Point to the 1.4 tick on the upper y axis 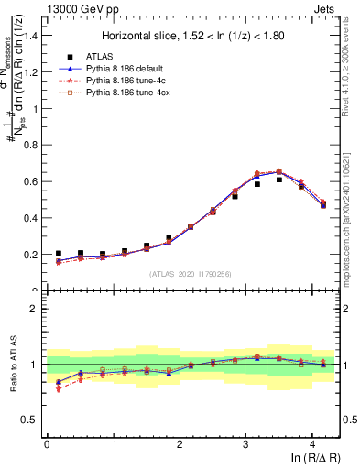click(x=33, y=35)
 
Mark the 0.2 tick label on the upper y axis click(x=33, y=255)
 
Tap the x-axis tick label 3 click(x=245, y=444)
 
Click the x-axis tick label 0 click(x=47, y=444)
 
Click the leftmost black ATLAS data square click(x=58, y=254)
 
